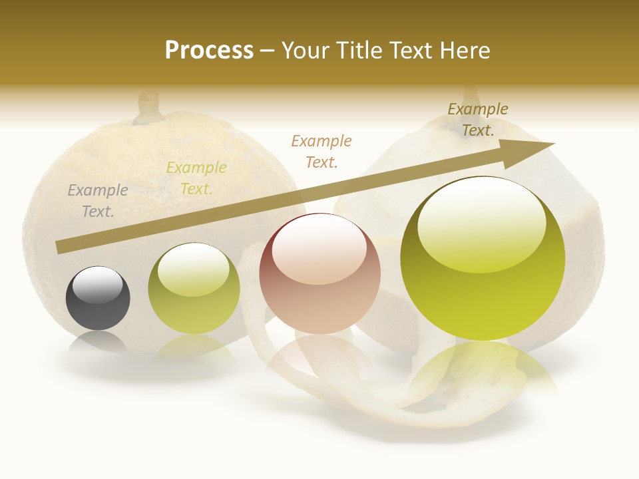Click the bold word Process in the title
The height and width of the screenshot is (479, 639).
pos(209,51)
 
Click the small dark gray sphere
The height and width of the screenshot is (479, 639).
pos(98,299)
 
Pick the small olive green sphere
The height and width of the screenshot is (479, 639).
pos(194,289)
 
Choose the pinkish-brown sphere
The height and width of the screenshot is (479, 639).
pos(320,274)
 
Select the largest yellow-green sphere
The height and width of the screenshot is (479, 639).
pos(483,258)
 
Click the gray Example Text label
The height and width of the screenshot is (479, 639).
pos(98,201)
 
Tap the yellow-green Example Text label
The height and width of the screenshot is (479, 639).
pos(196,178)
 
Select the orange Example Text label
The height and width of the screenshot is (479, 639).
pos(321,151)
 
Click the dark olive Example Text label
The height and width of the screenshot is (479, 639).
pos(478,120)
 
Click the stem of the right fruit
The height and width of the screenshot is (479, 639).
pos(471,94)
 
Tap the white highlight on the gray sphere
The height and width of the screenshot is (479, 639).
pos(98,285)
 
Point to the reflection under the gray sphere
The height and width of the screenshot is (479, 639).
pos(98,343)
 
